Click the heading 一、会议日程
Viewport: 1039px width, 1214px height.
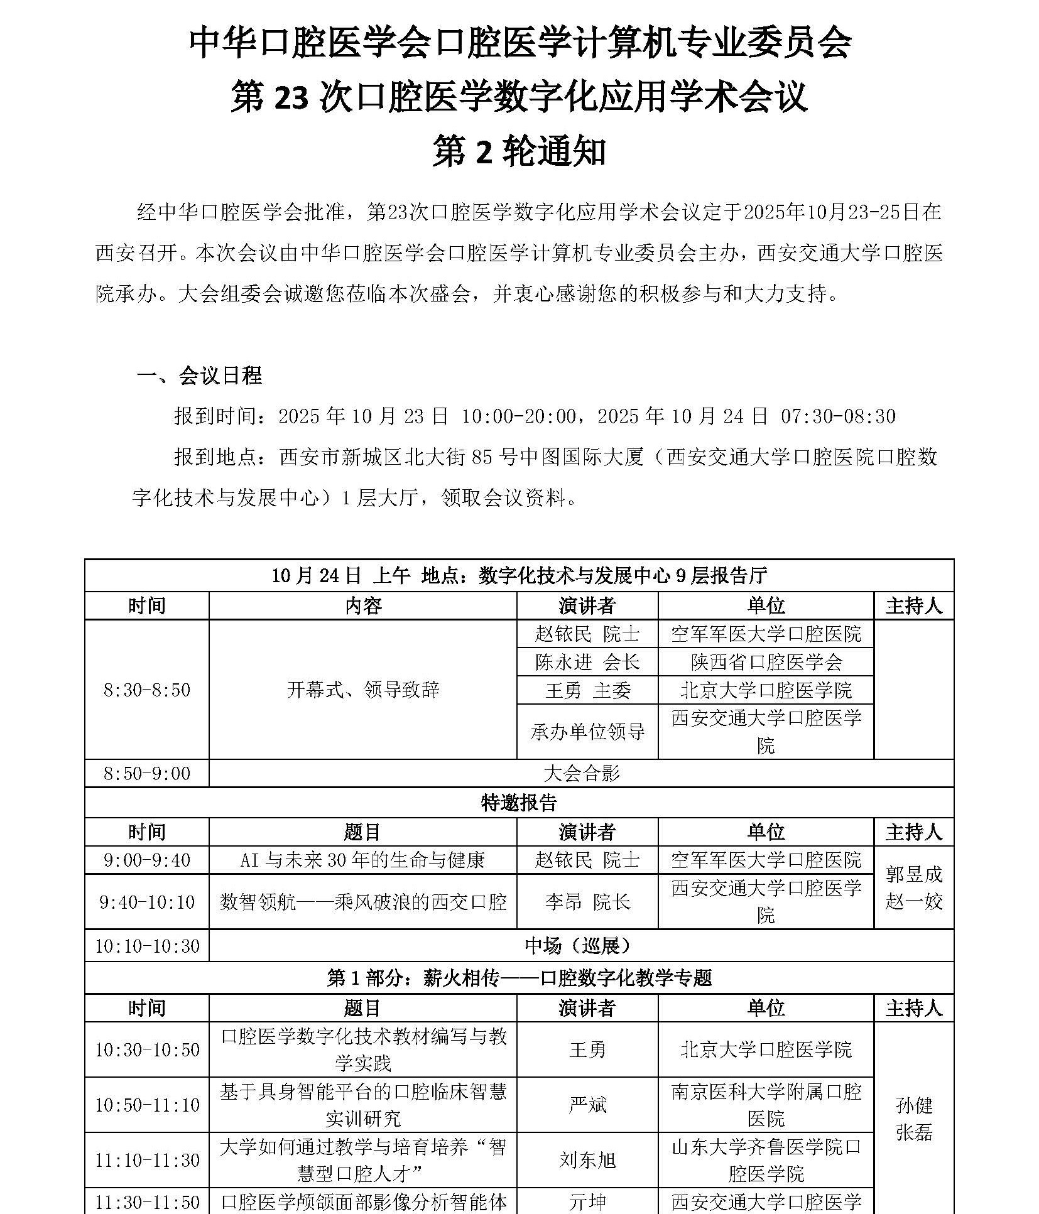pos(199,376)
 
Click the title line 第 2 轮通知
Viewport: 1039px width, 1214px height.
pos(519,153)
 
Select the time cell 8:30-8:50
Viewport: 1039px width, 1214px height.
pos(146,690)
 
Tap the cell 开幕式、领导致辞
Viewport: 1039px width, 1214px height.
pos(362,690)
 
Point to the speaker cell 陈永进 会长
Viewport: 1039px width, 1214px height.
pos(587,662)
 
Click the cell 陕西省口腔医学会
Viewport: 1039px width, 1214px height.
pos(765,662)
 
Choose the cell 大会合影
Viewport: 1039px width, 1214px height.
pos(581,773)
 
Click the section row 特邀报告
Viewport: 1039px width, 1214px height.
pos(519,802)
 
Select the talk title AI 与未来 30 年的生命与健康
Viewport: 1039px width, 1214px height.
pos(362,860)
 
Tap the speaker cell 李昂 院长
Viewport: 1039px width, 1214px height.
pos(587,902)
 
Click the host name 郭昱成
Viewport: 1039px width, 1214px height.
pos(913,874)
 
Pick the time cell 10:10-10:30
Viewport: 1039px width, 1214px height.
pos(146,946)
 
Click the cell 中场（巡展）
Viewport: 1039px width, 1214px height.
pos(581,946)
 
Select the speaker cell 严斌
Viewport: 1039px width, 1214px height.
pos(587,1105)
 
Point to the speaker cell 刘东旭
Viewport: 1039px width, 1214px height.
pos(587,1160)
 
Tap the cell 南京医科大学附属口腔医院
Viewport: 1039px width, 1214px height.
pos(765,1105)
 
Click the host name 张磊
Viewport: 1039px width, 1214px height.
pos(913,1132)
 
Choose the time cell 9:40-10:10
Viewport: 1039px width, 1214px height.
pos(146,902)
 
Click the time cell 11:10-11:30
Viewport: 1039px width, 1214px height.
pos(146,1160)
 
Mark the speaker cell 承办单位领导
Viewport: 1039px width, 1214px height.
pos(587,732)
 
